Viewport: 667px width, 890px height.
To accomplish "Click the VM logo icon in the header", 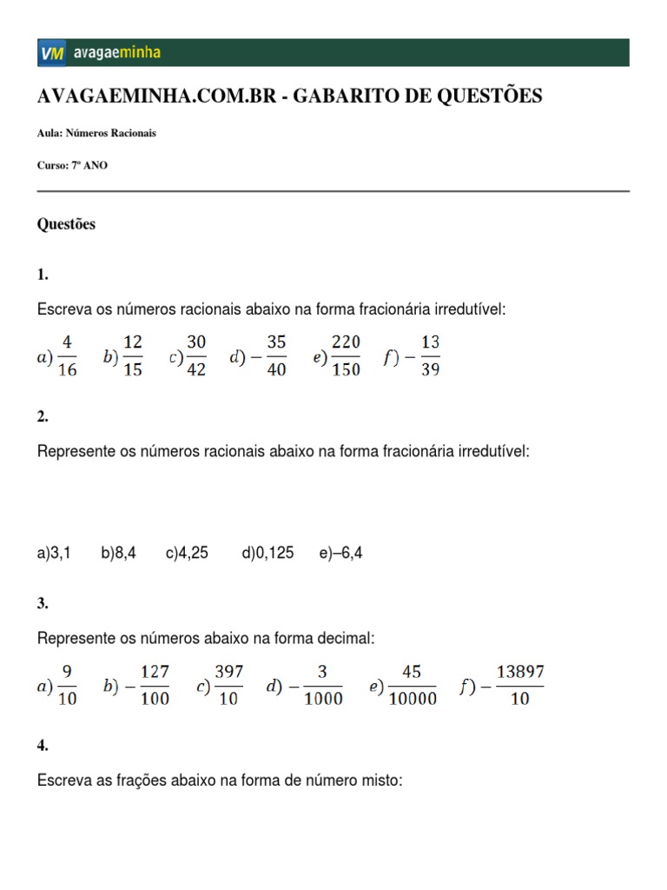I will click(x=51, y=53).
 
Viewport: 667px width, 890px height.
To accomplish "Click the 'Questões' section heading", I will click(x=66, y=224).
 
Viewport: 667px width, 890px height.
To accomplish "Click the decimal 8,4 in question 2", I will click(x=123, y=553).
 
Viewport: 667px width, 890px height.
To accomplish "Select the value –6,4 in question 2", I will click(x=345, y=553).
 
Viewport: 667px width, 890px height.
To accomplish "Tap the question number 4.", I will click(x=43, y=745).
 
